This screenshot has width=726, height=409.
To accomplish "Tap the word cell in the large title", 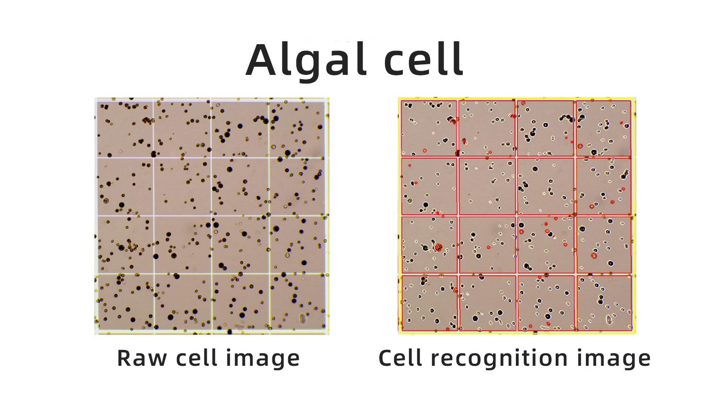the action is pos(423,59).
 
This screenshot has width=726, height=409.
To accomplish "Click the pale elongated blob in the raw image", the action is pos(303,318).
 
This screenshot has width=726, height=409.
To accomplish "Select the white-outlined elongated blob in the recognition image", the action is pos(609,319).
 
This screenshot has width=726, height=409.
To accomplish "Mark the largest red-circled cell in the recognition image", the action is pos(438,248).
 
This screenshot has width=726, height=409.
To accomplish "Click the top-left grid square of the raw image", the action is pos(125,130).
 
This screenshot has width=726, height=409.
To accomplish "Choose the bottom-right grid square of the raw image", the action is pos(297,301).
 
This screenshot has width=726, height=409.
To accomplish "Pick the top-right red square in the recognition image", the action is pos(604,128).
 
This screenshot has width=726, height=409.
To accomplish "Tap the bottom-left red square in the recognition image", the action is pos(430,303).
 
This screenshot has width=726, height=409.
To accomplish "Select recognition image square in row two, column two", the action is pos(487,186).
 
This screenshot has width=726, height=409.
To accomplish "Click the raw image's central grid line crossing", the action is pos(211,216).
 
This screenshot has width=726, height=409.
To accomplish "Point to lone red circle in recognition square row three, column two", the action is pos(489,248).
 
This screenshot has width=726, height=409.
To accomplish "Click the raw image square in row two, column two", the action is pos(182,187).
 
